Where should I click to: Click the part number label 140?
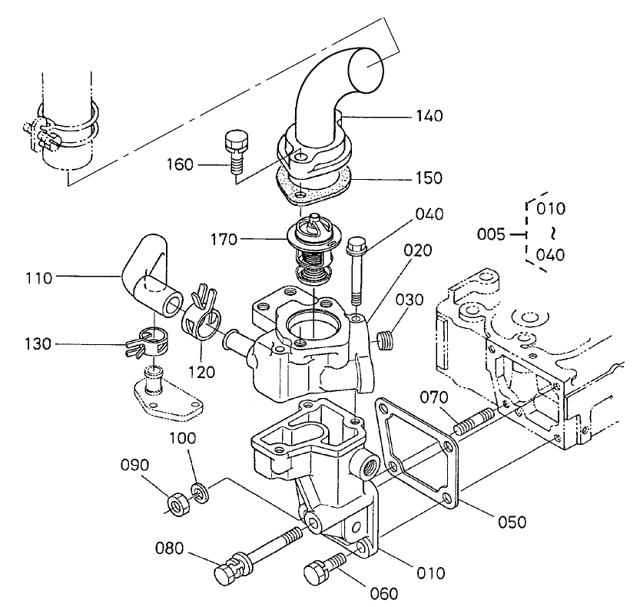(x=429, y=116)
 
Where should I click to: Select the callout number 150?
(x=429, y=177)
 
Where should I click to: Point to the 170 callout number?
(x=225, y=240)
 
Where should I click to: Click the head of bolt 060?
(x=316, y=572)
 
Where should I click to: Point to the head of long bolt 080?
(x=227, y=572)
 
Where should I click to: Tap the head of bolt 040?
(x=355, y=247)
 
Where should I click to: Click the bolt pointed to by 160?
(x=234, y=151)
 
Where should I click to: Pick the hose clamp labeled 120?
(x=201, y=318)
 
